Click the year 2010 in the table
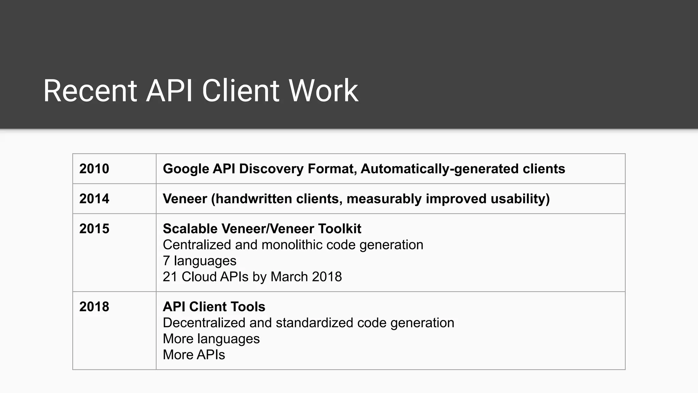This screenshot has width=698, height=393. click(94, 169)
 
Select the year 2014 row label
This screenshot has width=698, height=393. click(94, 199)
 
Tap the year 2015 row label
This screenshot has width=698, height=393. click(94, 229)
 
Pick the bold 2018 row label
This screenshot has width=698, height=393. click(94, 307)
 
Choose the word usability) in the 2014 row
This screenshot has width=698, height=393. click(520, 199)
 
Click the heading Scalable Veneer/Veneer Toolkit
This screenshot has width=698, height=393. click(262, 229)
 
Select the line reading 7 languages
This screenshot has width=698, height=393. click(199, 261)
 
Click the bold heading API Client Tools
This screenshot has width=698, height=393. click(214, 307)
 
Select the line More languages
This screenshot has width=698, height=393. click(211, 339)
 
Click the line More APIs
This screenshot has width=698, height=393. click(194, 355)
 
